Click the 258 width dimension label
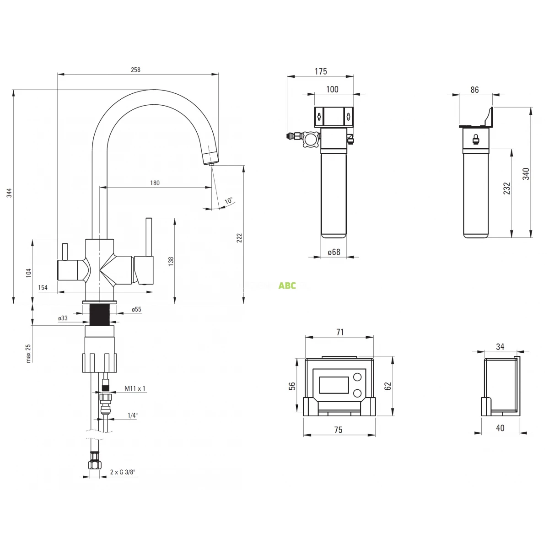[x=135, y=70]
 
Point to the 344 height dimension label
[x=9, y=193]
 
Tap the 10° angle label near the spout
[x=229, y=200]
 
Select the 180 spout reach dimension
[x=155, y=183]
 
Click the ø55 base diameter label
[x=136, y=310]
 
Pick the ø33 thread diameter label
[x=63, y=318]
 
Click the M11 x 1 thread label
[x=135, y=389]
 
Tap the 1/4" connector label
[x=133, y=415]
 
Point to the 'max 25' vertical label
[x=28, y=353]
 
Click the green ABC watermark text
[x=287, y=286]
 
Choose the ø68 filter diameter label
[x=334, y=252]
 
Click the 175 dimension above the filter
[x=321, y=71]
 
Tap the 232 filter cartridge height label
[x=506, y=188]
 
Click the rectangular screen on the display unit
[x=334, y=385]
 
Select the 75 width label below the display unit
[x=338, y=430]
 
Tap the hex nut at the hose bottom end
[x=95, y=464]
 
